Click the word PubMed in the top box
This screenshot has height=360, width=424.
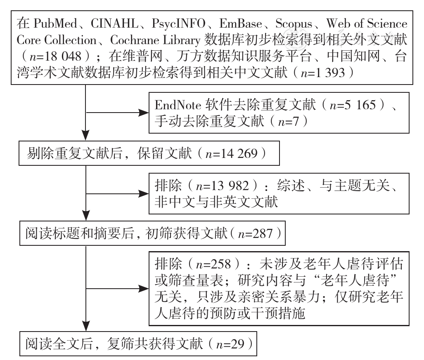click(x=55, y=24)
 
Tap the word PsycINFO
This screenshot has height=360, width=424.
click(x=178, y=24)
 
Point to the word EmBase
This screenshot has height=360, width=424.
click(x=240, y=24)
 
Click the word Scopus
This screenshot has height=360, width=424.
click(x=294, y=24)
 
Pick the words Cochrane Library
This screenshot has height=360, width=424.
click(x=155, y=40)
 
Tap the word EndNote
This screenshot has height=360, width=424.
click(x=178, y=105)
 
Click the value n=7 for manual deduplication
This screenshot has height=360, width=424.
click(x=289, y=121)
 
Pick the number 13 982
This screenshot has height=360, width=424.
click(x=230, y=186)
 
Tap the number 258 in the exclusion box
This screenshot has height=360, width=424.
click(x=220, y=264)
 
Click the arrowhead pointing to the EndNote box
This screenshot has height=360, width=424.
click(x=144, y=113)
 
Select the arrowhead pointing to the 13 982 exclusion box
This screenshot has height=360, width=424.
click(x=144, y=194)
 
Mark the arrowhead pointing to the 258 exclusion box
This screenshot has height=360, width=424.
click(x=144, y=289)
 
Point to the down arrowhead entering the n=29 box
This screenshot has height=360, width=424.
click(x=86, y=326)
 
